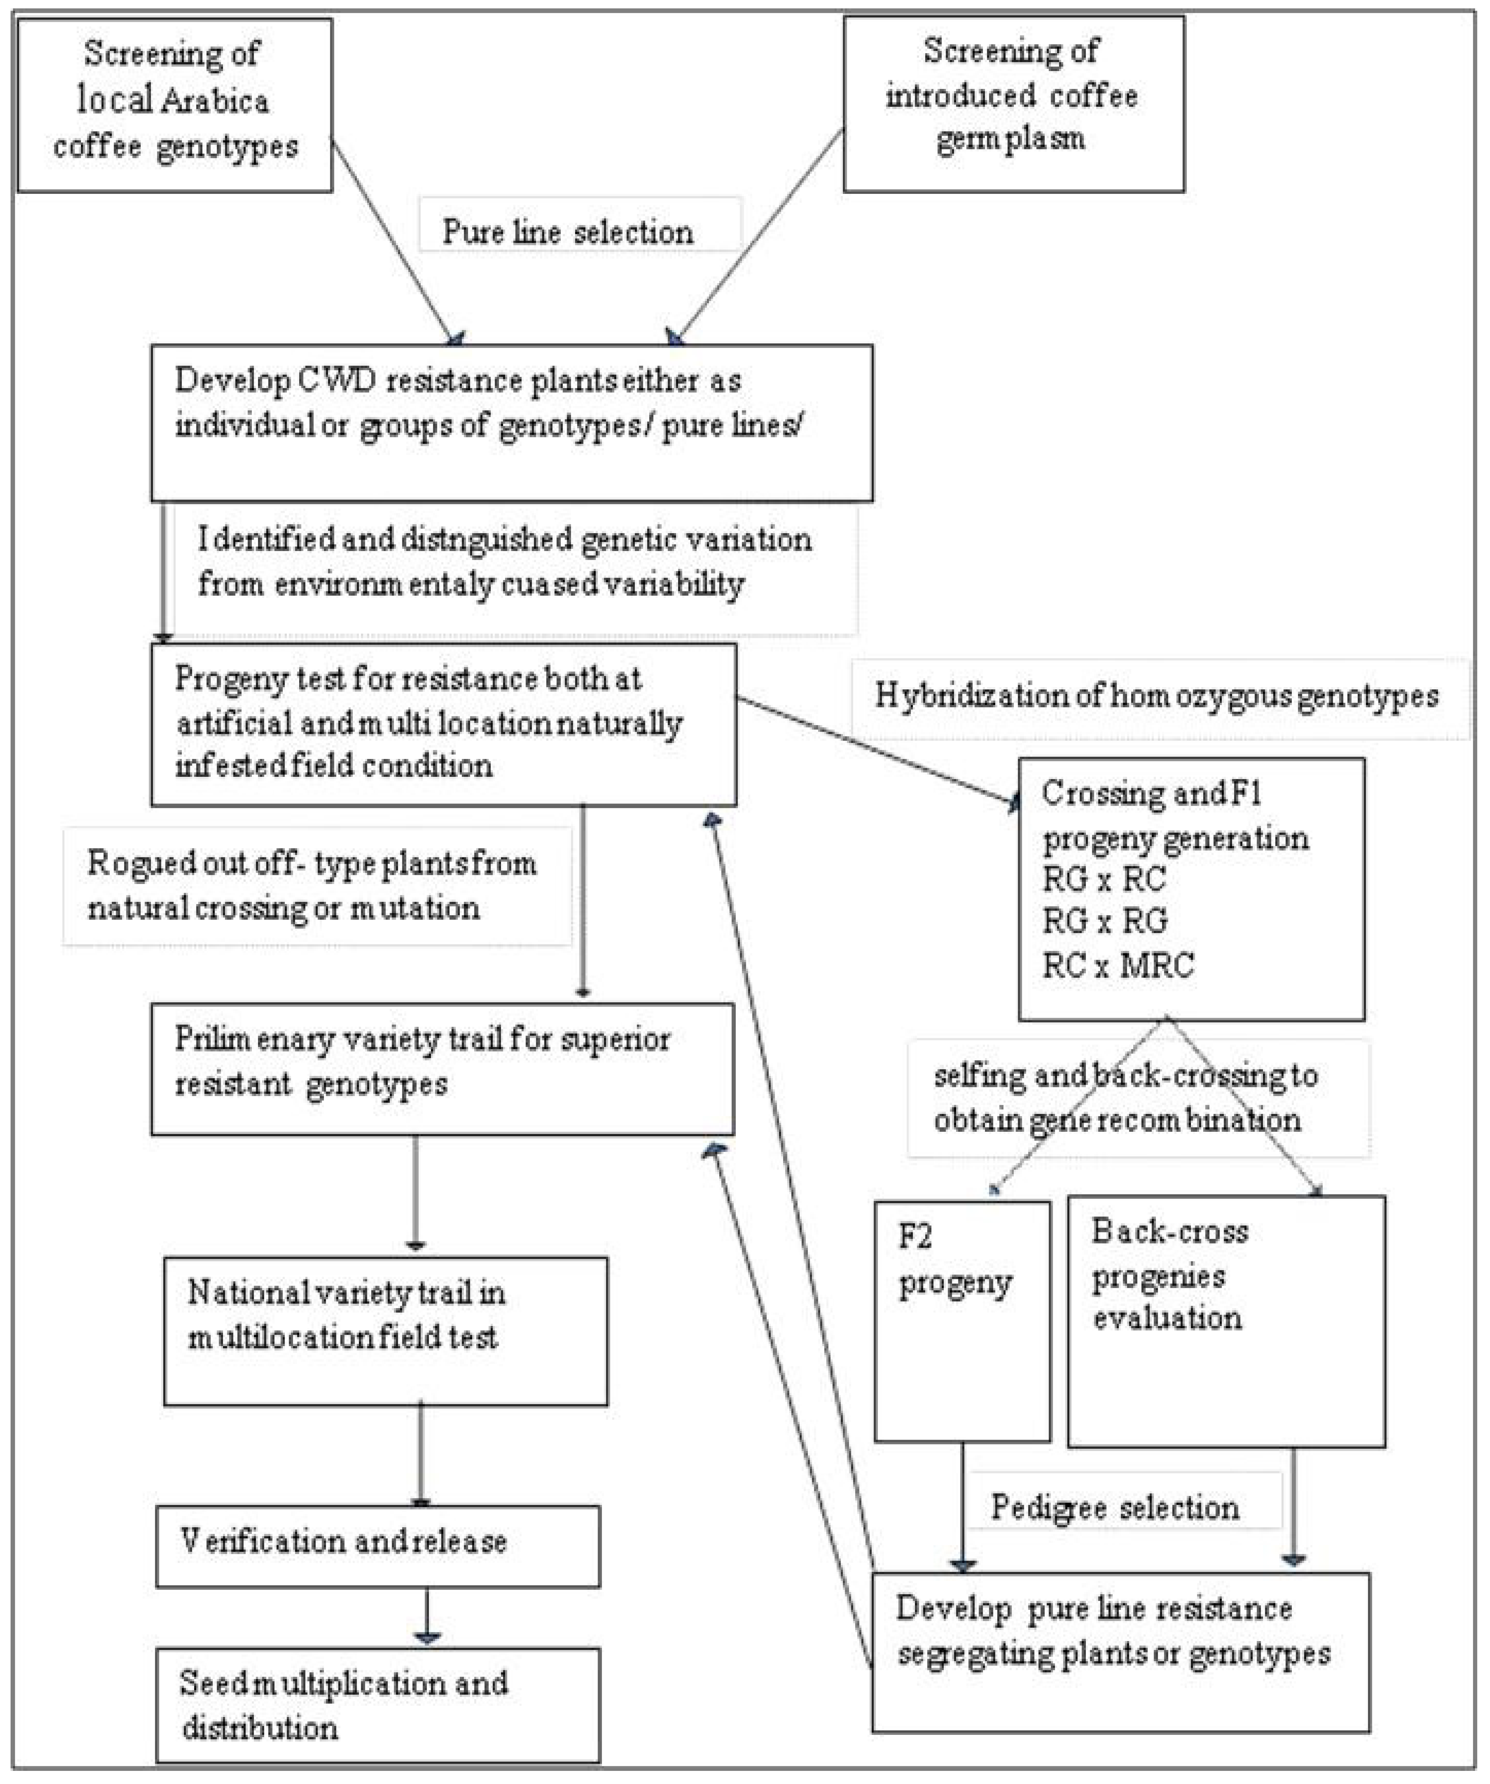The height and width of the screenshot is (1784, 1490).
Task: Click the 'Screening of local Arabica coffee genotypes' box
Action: (174, 105)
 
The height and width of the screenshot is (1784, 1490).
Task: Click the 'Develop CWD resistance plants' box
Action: (511, 422)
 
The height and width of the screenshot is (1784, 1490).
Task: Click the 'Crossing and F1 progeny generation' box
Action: (1191, 888)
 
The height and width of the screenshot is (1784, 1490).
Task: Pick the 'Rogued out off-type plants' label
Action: (316, 886)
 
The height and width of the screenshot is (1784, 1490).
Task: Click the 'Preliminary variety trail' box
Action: (442, 1069)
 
